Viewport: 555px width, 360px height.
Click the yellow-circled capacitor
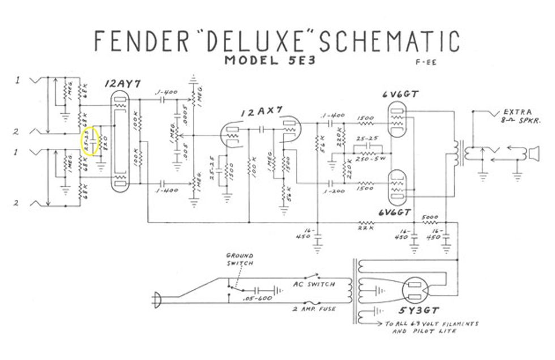(90, 141)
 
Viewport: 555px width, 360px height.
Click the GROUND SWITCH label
(240, 260)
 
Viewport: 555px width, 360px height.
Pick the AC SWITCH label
(314, 284)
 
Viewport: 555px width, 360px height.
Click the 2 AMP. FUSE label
(314, 308)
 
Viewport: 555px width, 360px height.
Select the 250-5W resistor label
(372, 158)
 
